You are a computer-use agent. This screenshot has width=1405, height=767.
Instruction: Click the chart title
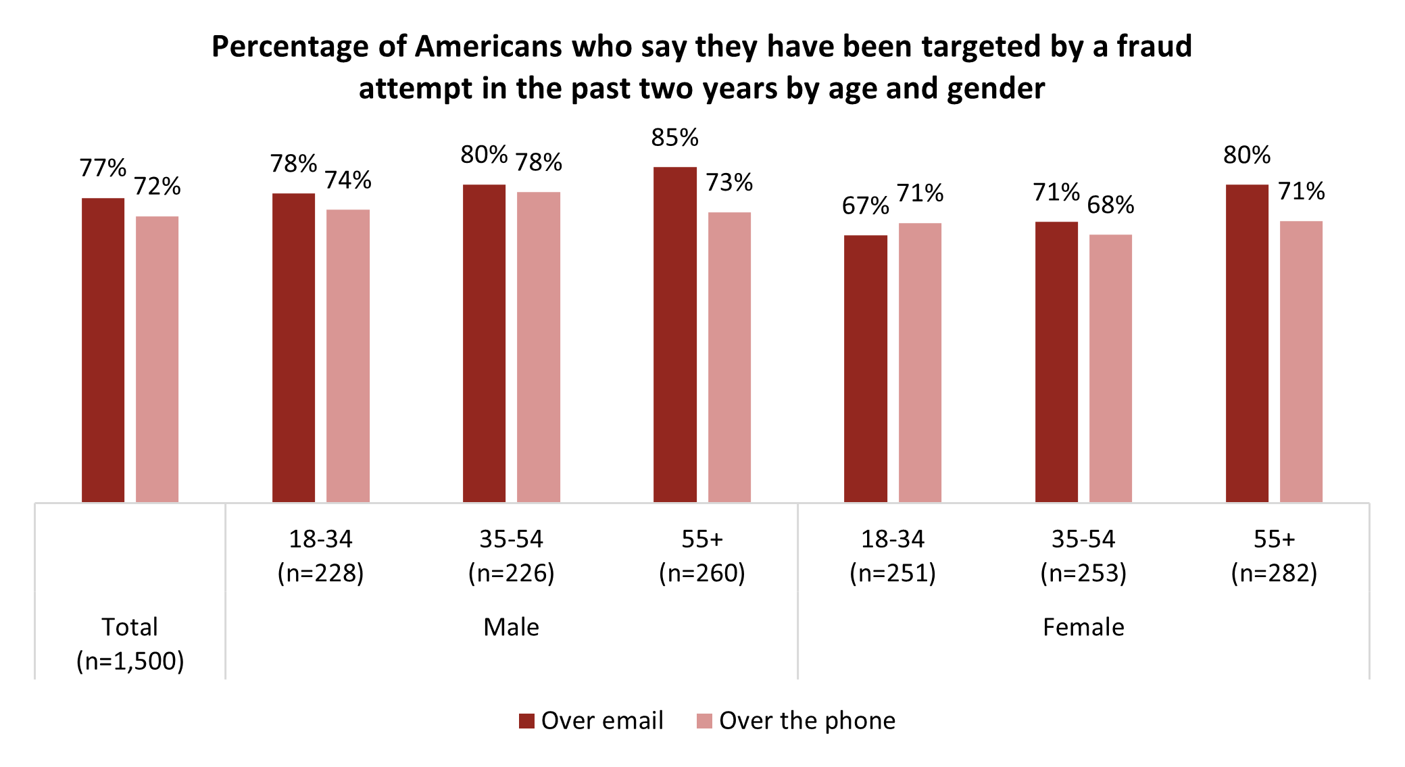click(x=701, y=67)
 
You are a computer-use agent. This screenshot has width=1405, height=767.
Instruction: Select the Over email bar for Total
click(x=103, y=350)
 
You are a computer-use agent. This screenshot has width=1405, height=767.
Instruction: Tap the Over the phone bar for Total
click(x=157, y=359)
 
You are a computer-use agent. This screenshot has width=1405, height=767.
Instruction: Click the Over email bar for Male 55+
click(x=674, y=335)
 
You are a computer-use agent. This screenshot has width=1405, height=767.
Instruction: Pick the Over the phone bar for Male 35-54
click(x=538, y=347)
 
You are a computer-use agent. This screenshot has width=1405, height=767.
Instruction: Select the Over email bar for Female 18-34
click(x=865, y=368)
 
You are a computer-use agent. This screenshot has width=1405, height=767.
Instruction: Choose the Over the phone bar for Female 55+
click(x=1301, y=362)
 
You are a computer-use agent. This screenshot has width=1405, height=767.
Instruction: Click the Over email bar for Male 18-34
click(x=293, y=347)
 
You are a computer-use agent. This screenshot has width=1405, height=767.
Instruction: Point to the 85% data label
click(x=674, y=138)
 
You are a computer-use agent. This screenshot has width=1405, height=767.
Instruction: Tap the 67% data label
click(x=865, y=205)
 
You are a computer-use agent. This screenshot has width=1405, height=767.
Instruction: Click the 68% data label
click(x=1110, y=205)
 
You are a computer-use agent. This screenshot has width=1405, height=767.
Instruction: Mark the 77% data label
click(x=103, y=168)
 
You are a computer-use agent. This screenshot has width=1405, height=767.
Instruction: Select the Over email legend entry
click(x=591, y=720)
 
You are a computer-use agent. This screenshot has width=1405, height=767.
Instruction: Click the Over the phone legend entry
click(x=796, y=720)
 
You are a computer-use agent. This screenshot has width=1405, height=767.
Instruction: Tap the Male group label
click(x=511, y=627)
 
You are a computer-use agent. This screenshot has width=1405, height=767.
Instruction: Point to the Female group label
click(x=1083, y=627)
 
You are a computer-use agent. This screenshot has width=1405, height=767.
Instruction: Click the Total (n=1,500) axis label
click(x=130, y=643)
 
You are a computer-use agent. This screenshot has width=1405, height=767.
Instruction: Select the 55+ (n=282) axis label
click(x=1274, y=555)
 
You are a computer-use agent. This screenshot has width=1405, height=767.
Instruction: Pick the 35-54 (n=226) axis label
click(x=511, y=555)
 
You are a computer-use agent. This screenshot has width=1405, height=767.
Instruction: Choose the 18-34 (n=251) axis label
click(x=892, y=555)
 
